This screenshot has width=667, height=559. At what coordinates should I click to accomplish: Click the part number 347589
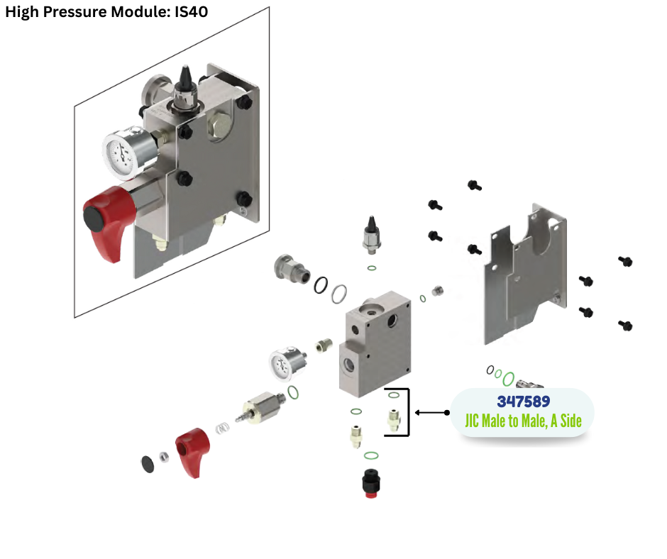[523, 402]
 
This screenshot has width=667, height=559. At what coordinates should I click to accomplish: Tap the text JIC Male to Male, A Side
[523, 421]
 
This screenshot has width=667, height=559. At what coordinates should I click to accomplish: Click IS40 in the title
[190, 12]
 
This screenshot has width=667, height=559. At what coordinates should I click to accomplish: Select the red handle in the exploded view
[192, 451]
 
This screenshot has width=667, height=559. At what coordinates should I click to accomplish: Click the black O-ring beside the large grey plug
[321, 285]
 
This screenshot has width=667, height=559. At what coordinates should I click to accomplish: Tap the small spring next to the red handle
[223, 428]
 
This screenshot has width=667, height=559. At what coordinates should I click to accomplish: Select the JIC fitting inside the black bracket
[392, 420]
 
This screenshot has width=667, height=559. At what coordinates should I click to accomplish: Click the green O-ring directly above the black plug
[370, 455]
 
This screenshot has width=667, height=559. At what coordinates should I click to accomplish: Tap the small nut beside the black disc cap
[162, 457]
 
